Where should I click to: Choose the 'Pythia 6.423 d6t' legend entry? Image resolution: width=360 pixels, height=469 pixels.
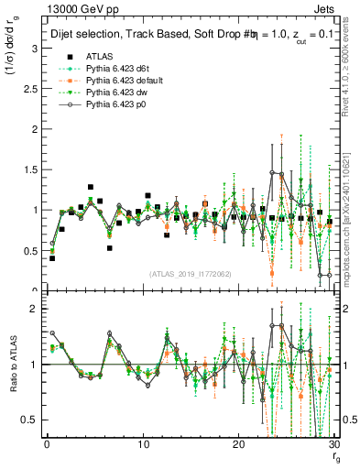coord(115,69)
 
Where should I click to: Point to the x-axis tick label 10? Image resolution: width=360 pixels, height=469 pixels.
coord(143,446)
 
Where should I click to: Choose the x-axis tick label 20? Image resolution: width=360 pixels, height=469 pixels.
coord(238,446)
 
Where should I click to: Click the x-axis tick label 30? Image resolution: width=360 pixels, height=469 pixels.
coord(333,446)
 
